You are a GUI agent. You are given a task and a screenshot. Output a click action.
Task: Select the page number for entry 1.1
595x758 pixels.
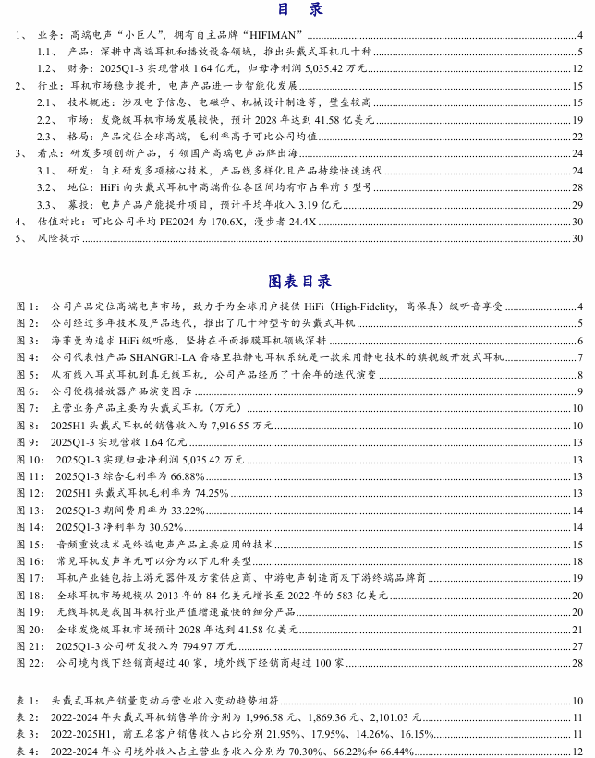coord(578,53)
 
